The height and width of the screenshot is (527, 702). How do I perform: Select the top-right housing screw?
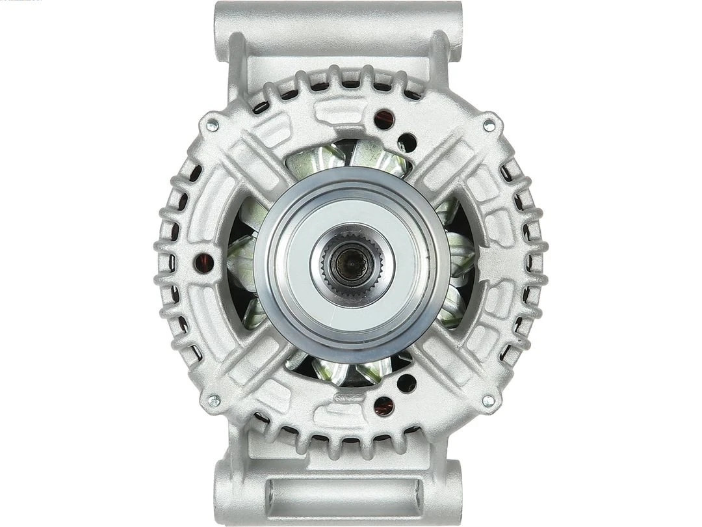[x=489, y=124]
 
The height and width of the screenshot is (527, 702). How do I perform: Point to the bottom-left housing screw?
[x=212, y=401]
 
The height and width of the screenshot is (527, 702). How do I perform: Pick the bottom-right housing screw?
[x=488, y=401]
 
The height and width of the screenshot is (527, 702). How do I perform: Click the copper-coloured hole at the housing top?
[x=384, y=118]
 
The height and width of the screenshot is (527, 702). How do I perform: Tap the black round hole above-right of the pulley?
[x=407, y=141]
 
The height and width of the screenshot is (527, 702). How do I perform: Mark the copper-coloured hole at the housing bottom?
[x=384, y=406]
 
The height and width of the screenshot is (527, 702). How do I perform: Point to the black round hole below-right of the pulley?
[x=407, y=383]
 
